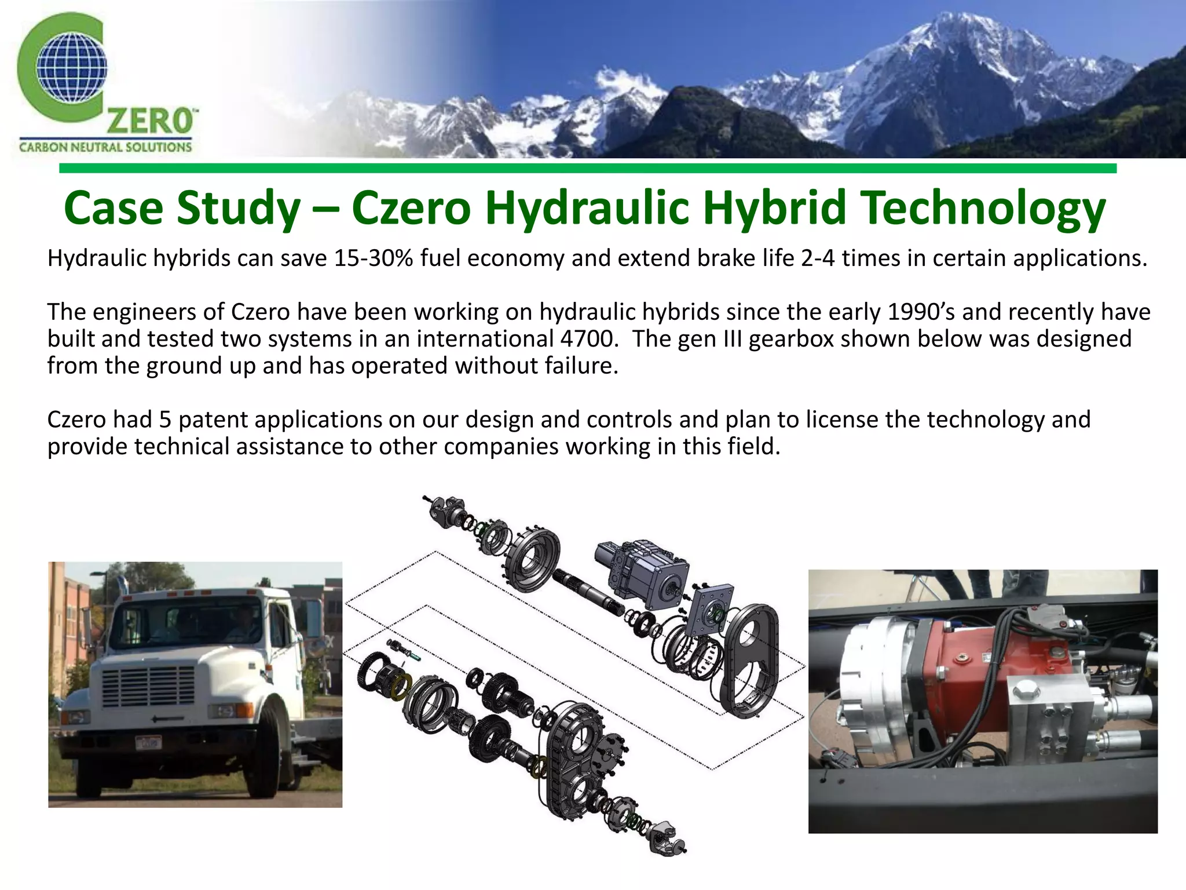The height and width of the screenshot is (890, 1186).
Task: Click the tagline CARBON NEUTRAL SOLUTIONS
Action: coord(105,147)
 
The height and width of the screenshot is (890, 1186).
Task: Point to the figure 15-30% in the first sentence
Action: coord(374,258)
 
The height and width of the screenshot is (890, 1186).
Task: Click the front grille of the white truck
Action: coord(149,686)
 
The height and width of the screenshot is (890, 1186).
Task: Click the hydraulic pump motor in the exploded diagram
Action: coord(643,573)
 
